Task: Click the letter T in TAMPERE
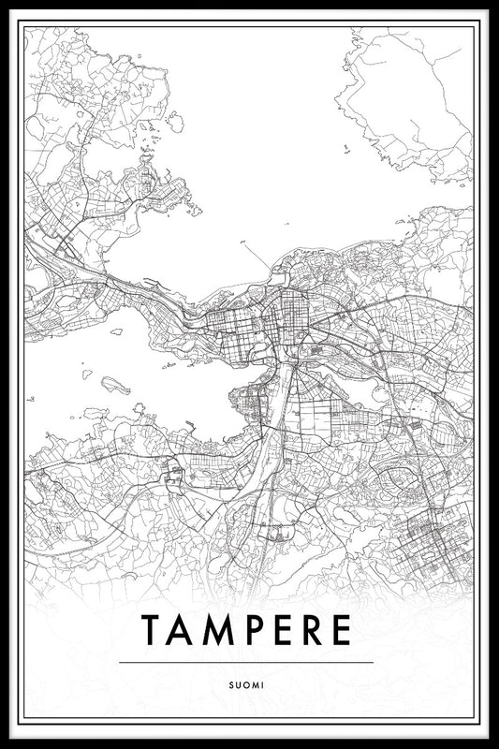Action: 152,630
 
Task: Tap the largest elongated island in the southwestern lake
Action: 115,383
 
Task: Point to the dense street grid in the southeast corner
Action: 426,543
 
